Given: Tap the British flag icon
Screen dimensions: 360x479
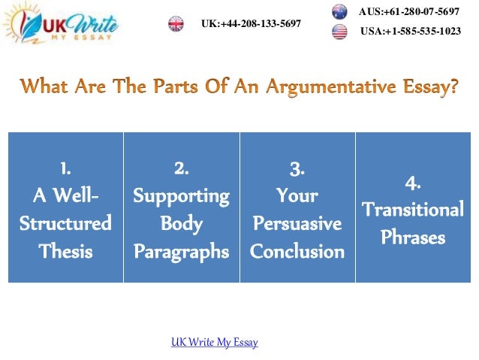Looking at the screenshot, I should pyautogui.click(x=176, y=24).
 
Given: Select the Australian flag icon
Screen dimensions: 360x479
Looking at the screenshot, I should pyautogui.click(x=339, y=12).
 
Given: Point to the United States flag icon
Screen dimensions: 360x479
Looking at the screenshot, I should pyautogui.click(x=339, y=32).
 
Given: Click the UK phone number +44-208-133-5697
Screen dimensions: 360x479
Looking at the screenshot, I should pyautogui.click(x=251, y=24).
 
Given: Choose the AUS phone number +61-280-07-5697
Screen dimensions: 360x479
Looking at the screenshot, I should pyautogui.click(x=409, y=12).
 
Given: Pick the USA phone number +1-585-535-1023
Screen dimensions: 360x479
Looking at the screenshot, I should pyautogui.click(x=411, y=32).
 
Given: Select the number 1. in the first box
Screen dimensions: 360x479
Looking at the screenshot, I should pyautogui.click(x=65, y=167).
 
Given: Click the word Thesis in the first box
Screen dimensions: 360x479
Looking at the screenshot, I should pyautogui.click(x=65, y=251).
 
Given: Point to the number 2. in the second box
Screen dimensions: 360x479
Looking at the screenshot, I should pyautogui.click(x=181, y=167).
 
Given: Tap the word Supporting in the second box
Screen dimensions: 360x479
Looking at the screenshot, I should pyautogui.click(x=181, y=195).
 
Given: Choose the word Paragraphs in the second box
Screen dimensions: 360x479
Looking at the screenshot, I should pyautogui.click(x=181, y=251).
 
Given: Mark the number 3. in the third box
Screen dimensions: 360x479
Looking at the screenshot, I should pyautogui.click(x=297, y=168).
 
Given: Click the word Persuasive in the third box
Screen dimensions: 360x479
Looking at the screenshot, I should pyautogui.click(x=297, y=224).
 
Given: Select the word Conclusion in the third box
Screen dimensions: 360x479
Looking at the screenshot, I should pyautogui.click(x=297, y=251).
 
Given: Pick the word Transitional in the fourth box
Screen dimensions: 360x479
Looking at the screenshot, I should pyautogui.click(x=412, y=210).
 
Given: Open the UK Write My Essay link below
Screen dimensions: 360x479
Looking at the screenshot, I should pyautogui.click(x=215, y=343).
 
